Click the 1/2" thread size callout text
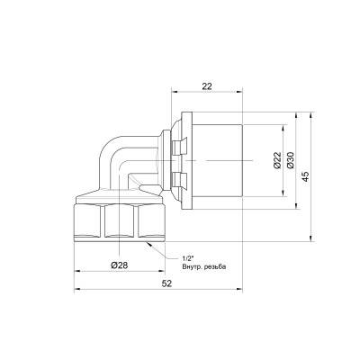click(186, 257)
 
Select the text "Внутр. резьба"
click(202, 266)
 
